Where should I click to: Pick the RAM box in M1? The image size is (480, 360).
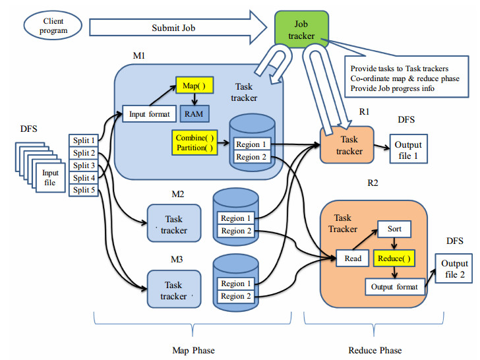pyautogui.click(x=194, y=114)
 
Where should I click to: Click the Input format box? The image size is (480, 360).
pyautogui.click(x=149, y=114)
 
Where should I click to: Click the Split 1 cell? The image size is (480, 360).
pyautogui.click(x=84, y=140)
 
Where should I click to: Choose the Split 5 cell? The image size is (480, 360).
pyautogui.click(x=84, y=191)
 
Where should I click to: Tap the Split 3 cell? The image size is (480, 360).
pyautogui.click(x=84, y=165)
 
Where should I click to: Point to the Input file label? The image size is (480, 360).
pyautogui.click(x=50, y=177)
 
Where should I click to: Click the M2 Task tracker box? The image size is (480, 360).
pyautogui.click(x=174, y=224)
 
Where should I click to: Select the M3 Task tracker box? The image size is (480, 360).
pyautogui.click(x=174, y=291)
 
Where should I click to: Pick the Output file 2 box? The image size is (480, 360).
pyautogui.click(x=454, y=268)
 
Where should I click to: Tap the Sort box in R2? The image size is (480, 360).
pyautogui.click(x=394, y=230)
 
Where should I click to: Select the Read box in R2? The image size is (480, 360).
pyautogui.click(x=353, y=258)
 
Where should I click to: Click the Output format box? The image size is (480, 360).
pyautogui.click(x=394, y=287)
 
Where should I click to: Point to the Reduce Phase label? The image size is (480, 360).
pyautogui.click(x=375, y=349)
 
